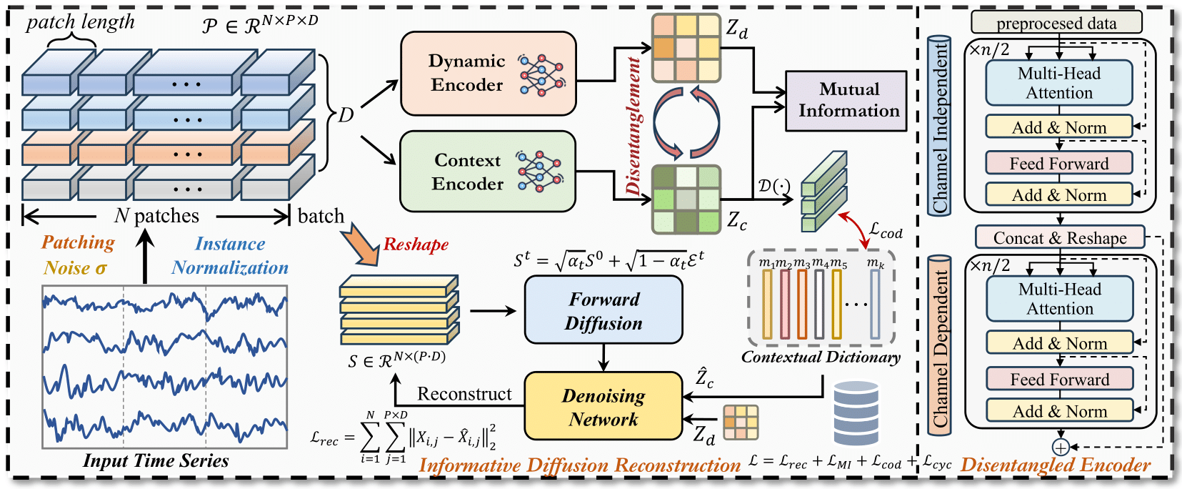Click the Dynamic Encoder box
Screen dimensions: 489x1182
489,74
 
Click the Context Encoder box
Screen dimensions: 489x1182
488,172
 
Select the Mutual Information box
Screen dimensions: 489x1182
846,101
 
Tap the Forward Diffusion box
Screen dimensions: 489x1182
603,310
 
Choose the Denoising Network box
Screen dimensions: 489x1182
603,407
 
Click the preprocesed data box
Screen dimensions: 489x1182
1056,23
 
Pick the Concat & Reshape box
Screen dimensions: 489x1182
1060,237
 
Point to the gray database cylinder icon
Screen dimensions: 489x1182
856,414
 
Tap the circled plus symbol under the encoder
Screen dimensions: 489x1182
1061,448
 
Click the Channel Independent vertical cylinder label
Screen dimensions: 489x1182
939,126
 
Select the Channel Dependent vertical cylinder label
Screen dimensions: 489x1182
939,345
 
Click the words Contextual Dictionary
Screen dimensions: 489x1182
821,357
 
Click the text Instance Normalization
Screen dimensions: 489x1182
230,256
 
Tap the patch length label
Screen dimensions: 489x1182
80,22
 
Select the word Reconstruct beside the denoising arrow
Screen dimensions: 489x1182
464,394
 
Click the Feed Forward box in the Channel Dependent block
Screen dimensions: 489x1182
1060,379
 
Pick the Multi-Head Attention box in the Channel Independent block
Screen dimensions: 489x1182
1059,83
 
